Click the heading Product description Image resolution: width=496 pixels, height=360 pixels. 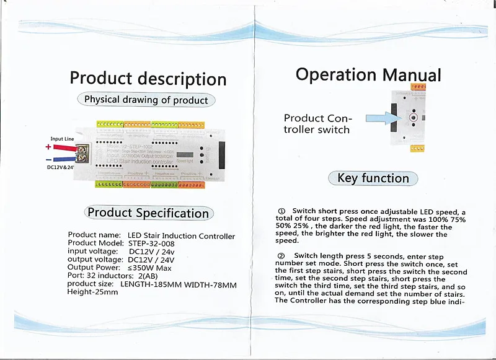click(148, 79)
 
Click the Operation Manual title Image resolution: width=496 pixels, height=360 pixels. click(368, 74)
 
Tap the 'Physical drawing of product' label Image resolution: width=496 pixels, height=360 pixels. click(146, 100)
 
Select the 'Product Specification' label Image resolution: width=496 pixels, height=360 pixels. click(148, 213)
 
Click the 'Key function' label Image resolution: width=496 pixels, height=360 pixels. click(373, 178)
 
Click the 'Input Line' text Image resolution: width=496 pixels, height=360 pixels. click(62, 139)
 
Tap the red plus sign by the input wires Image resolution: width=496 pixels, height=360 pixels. click(48, 147)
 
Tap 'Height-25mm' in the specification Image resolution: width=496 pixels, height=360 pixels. click(92, 292)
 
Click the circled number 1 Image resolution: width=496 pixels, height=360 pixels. click(281, 211)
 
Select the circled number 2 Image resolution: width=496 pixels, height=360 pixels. click(281, 256)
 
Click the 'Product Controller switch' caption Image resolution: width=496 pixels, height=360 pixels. click(317, 124)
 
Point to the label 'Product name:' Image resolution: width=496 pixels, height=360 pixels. click(94, 235)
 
